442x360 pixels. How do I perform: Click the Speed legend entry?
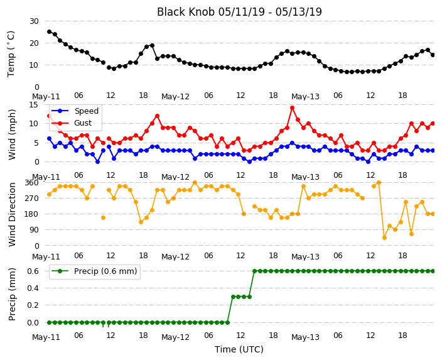(75, 111)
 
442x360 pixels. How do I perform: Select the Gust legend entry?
(72, 123)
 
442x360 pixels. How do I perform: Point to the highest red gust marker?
(292, 108)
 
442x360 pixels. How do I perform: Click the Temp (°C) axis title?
(11, 54)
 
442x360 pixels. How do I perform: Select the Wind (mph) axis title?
(12, 134)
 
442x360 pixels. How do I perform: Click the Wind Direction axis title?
(12, 214)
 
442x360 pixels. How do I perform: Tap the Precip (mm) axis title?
(12, 294)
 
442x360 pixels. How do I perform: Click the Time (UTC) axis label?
(239, 349)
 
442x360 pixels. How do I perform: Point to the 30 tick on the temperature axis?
(34, 21)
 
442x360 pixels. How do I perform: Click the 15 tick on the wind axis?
(34, 105)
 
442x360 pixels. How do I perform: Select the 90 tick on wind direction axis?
(35, 230)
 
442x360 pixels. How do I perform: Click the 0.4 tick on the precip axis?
(33, 288)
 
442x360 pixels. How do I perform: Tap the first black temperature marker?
(50, 31)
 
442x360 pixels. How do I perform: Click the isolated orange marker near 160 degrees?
(103, 217)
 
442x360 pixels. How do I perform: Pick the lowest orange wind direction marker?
(384, 238)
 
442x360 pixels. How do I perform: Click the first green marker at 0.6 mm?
(254, 271)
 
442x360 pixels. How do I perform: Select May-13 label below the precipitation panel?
(305, 337)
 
